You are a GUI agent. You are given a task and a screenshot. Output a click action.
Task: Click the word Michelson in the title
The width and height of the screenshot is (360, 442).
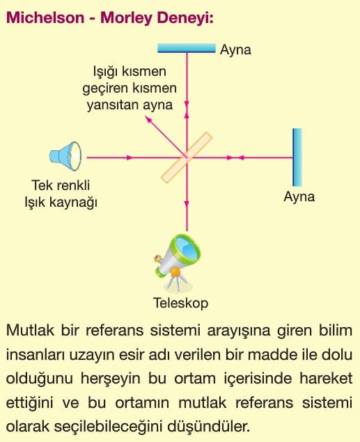point(45,17)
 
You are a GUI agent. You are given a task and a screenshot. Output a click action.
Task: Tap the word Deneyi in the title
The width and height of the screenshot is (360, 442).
point(185,19)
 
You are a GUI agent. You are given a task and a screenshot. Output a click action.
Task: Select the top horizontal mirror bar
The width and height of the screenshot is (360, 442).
point(187,48)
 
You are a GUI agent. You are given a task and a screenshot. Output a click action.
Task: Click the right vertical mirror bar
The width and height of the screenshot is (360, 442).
point(297,157)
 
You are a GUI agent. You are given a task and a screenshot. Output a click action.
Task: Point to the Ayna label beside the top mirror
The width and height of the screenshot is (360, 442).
point(235,50)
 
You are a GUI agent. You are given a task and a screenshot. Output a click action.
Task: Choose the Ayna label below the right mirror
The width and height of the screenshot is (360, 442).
point(299,197)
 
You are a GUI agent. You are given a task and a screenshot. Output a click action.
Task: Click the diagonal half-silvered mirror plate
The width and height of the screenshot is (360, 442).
point(187,157)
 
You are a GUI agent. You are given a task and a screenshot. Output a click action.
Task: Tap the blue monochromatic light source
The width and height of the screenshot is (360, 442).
point(65,156)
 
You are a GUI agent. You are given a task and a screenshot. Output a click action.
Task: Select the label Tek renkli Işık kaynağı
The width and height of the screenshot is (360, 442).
point(61,194)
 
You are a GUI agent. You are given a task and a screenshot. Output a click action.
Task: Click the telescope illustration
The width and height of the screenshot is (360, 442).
point(177,262)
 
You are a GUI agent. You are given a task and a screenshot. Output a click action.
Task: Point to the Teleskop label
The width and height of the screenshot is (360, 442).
point(181,303)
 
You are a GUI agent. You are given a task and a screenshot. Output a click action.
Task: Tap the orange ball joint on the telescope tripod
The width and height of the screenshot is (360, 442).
point(175,271)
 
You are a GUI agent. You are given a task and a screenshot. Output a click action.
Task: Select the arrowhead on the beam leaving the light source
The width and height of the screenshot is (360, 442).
point(129,157)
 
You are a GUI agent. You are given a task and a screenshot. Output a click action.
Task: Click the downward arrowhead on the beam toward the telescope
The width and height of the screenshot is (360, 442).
point(187,203)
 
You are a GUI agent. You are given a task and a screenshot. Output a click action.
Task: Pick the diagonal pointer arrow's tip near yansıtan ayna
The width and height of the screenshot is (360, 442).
point(146,117)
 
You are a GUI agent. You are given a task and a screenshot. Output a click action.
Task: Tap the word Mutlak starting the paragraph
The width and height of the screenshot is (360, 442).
point(30,330)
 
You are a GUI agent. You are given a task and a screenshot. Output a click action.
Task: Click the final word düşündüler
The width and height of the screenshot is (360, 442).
point(209,427)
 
